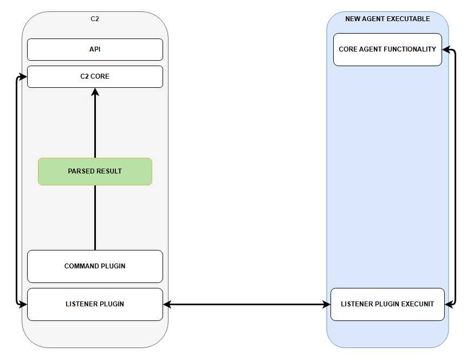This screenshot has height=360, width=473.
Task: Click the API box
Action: coord(95,49)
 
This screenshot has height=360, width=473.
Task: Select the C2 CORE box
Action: coord(95,76)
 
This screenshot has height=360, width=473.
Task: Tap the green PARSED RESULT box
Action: coord(95,171)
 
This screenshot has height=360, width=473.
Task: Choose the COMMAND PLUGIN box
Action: coord(95,266)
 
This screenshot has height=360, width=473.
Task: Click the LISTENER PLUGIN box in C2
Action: coord(95,304)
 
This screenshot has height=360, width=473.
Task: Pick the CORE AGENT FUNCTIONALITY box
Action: coord(387,49)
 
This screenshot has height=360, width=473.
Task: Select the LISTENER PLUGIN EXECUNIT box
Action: coord(387,304)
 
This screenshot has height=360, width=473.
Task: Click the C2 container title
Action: coord(95,19)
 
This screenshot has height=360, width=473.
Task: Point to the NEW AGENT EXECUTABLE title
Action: coord(387,19)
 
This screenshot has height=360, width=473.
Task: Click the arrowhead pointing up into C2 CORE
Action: coord(95,92)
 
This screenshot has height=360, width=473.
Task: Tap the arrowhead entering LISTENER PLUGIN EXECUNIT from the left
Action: coord(326,305)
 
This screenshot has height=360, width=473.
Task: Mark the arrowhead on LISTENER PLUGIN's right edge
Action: coord(167,305)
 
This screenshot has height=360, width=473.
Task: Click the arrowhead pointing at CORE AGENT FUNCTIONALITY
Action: coord(446,50)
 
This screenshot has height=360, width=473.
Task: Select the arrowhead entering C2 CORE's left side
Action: coord(23,76)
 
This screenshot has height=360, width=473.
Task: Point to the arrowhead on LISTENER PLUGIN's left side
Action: coord(23,305)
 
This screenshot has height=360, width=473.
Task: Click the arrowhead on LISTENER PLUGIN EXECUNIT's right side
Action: coord(449,305)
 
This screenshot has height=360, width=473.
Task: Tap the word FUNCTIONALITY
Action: coord(412,49)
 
